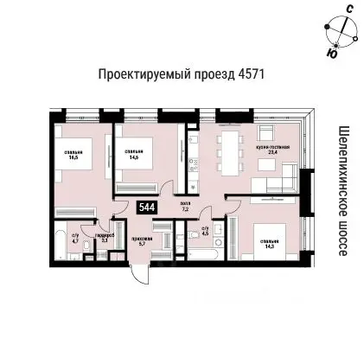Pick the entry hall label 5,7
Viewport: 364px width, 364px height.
pyautogui.click(x=143, y=241)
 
